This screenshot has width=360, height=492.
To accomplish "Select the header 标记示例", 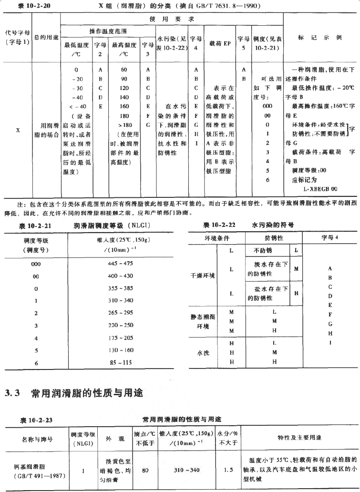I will (319, 38).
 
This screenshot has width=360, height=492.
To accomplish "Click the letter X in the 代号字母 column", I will (18, 129).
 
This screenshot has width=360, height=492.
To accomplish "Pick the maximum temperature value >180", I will (124, 124).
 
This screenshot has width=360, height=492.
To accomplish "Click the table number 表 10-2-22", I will (219, 225).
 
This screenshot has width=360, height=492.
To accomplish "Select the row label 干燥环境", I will (203, 276).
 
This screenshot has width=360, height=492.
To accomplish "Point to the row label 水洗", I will (203, 353).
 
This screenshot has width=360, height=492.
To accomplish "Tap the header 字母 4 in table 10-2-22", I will (330, 237).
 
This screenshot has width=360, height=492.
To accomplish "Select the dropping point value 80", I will (145, 470).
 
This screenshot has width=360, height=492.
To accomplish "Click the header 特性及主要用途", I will (299, 438).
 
